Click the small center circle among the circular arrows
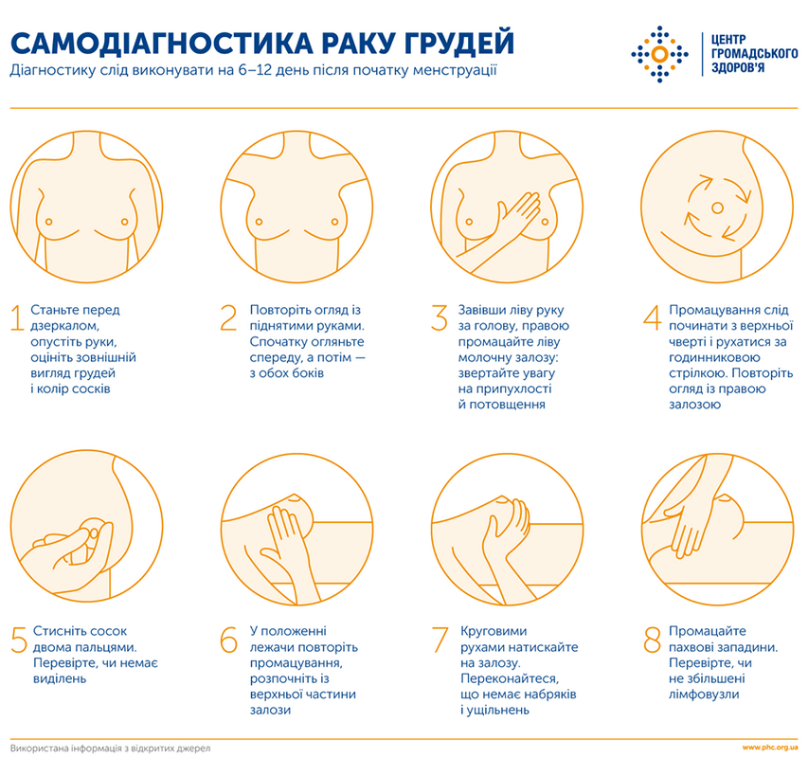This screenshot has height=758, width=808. click(717, 207)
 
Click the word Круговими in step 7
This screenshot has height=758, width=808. click(494, 631)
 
